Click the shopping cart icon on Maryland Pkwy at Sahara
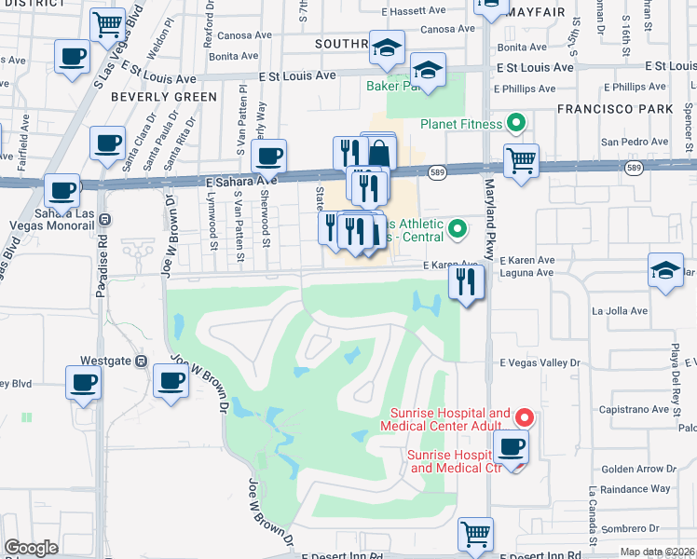522,159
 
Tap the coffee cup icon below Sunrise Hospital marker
510,446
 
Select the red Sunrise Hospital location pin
525,417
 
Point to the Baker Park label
389,86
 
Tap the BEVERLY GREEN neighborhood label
163,96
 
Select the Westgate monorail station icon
141,360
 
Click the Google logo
32,548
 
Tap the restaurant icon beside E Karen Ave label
466,280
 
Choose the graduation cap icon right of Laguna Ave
665,271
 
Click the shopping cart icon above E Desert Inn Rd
475,534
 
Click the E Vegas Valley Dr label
540,362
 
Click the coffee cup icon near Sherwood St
268,156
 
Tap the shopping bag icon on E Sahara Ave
379,151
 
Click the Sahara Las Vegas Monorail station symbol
104,221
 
